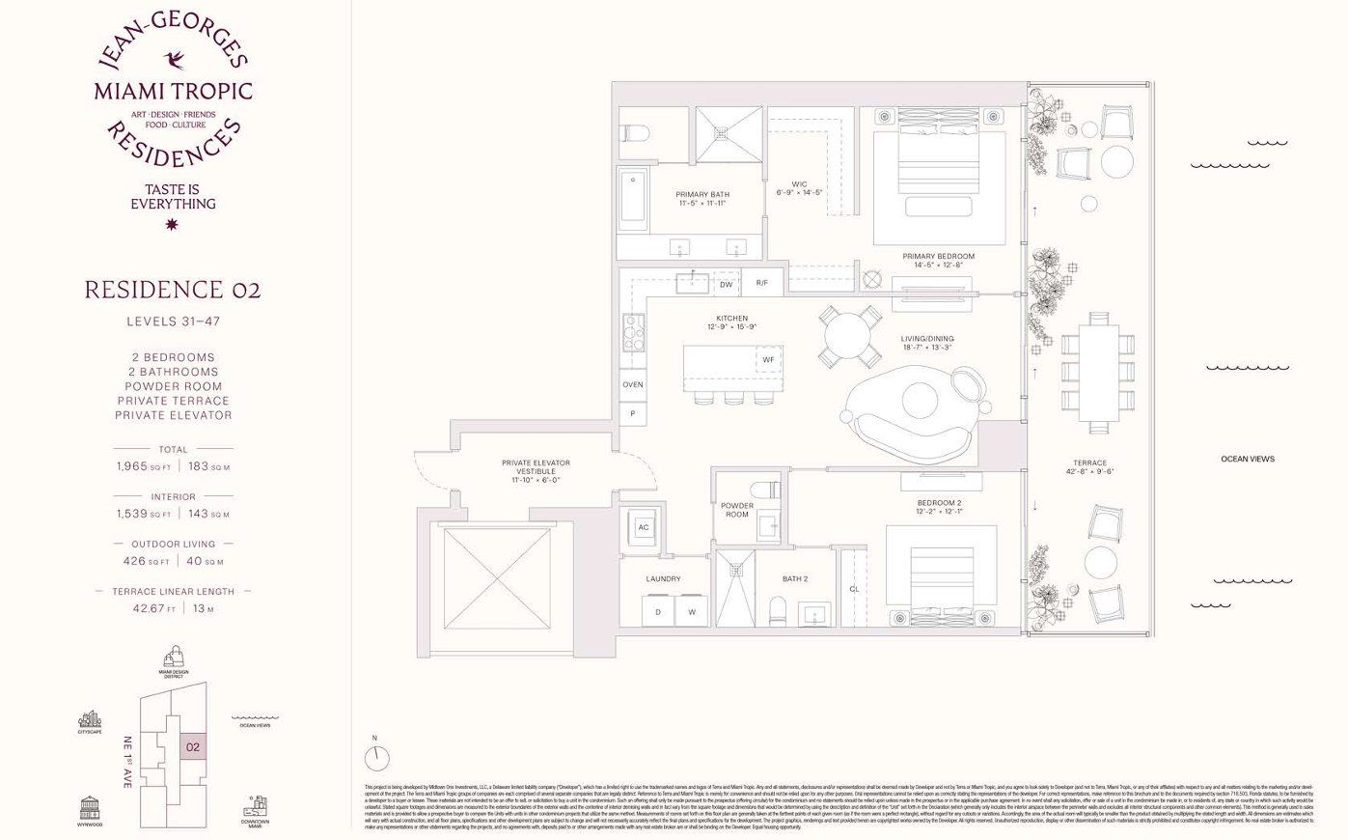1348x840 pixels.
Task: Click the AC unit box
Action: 644,527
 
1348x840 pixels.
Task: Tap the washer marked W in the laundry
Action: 691,612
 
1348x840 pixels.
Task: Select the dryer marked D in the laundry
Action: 658,612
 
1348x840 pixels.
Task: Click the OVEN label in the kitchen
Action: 632,384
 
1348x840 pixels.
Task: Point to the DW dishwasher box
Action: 726,285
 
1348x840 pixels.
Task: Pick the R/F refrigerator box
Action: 761,283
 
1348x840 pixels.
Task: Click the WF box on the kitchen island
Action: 768,360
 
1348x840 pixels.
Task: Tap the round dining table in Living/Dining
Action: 849,336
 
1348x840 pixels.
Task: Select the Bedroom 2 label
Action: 938,507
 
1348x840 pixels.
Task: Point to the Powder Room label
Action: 737,510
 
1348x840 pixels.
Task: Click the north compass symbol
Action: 377,756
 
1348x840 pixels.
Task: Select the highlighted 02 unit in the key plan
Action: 192,746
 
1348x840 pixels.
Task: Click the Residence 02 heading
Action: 173,290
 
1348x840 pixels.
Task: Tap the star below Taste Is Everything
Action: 173,225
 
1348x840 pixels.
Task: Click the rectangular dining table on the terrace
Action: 1097,373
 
